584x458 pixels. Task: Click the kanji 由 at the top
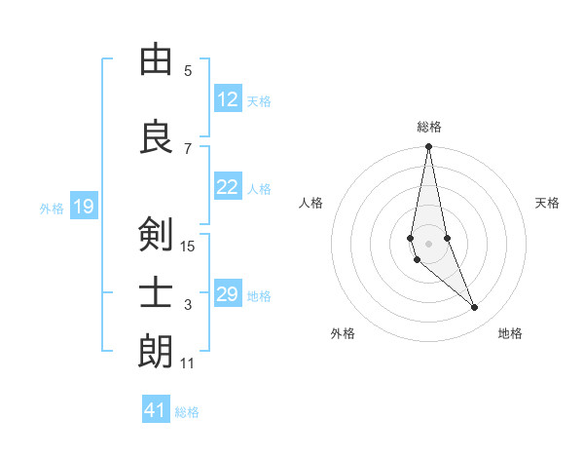point(156,60)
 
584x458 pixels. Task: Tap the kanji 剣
point(156,235)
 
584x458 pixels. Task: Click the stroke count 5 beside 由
point(188,70)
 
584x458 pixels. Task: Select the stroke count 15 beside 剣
point(188,246)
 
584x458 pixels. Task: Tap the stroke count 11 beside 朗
point(188,363)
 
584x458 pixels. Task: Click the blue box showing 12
point(228,100)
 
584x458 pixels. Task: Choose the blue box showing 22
point(228,188)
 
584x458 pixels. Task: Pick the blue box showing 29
point(228,294)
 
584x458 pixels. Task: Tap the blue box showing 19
point(83,207)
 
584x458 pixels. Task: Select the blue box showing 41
point(156,410)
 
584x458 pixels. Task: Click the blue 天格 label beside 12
point(259,101)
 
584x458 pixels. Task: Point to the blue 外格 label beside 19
point(52,208)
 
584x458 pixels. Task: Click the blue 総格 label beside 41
point(187,411)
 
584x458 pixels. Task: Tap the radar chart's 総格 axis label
point(428,127)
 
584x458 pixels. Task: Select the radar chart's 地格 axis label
point(510,333)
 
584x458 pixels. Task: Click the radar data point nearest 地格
point(475,308)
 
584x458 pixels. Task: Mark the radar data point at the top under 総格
point(428,147)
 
